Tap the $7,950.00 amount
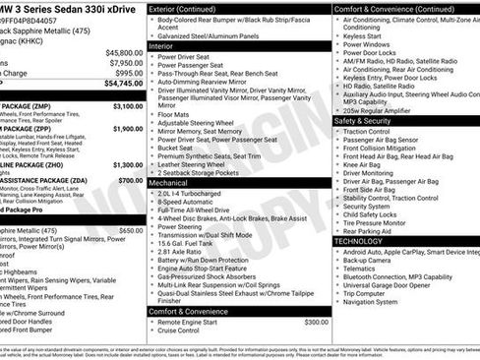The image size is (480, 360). tap(125, 63)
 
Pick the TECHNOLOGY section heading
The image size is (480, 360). tap(358, 241)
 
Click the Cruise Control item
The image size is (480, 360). tap(182, 330)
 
